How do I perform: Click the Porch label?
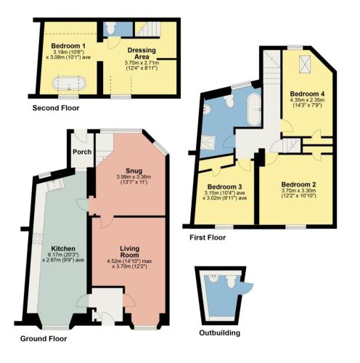(x=82, y=152)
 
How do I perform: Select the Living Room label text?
(x=130, y=252)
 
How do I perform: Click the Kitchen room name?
(x=63, y=248)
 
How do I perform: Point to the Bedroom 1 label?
(x=68, y=46)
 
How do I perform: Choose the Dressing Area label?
(x=142, y=54)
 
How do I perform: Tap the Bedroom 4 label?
(x=307, y=94)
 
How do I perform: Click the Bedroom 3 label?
(x=225, y=187)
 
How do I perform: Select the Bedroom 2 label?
(x=298, y=184)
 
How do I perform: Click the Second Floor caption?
(x=56, y=108)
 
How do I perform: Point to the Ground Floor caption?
(x=44, y=338)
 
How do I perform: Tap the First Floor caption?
(x=208, y=237)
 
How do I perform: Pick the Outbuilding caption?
(x=220, y=333)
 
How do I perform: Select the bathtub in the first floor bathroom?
(x=254, y=110)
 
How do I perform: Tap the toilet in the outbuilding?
(x=232, y=281)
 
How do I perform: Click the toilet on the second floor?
(x=111, y=28)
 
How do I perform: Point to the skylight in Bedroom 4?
(x=305, y=64)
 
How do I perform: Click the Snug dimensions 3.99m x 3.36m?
(x=134, y=177)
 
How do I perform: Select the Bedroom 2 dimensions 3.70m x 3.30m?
(x=298, y=190)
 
